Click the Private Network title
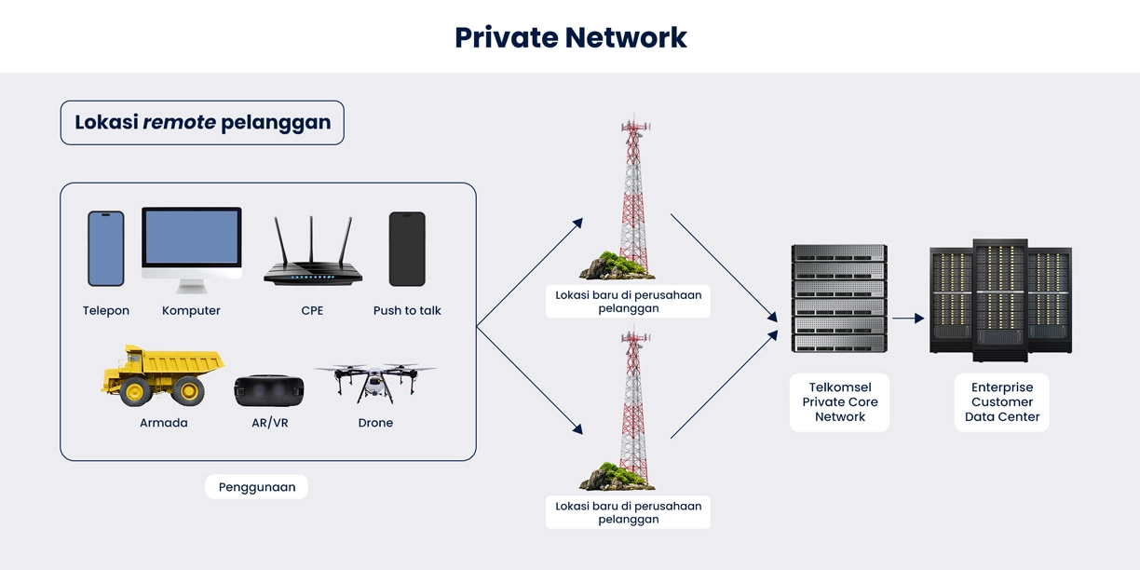tap(570, 37)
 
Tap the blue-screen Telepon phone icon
tap(106, 249)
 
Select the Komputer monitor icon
tap(192, 248)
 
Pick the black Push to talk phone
tap(407, 249)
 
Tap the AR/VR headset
tap(269, 390)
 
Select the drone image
tap(375, 381)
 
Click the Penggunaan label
tap(256, 487)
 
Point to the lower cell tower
tap(633, 410)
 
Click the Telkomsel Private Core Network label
tap(839, 402)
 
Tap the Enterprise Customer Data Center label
tap(1001, 402)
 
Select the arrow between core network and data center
tap(908, 319)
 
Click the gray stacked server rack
tap(838, 298)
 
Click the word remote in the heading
tap(180, 122)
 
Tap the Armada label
tap(163, 423)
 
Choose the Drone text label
tap(375, 423)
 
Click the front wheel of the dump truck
tap(135, 392)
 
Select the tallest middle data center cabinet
tap(1000, 300)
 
